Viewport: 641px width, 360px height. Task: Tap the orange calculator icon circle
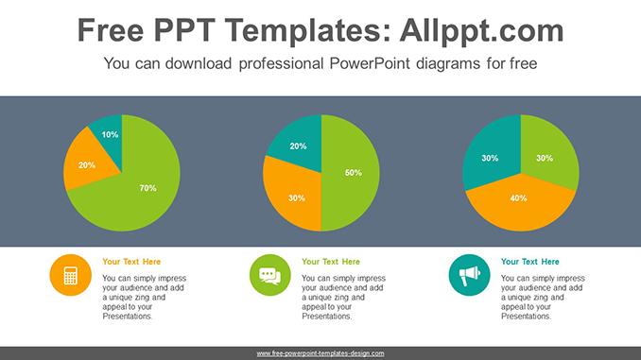pyautogui.click(x=70, y=275)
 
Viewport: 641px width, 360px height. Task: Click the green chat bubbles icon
pyautogui.click(x=269, y=275)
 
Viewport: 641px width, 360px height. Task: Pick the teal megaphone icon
pyautogui.click(x=469, y=275)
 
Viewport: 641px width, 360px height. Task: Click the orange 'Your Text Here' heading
pyautogui.click(x=131, y=262)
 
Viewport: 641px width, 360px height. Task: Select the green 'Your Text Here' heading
pyautogui.click(x=331, y=262)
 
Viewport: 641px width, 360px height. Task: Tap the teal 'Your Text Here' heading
pyautogui.click(x=530, y=262)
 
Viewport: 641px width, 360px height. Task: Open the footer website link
pyautogui.click(x=320, y=352)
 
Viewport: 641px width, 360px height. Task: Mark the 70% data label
pyautogui.click(x=147, y=188)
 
